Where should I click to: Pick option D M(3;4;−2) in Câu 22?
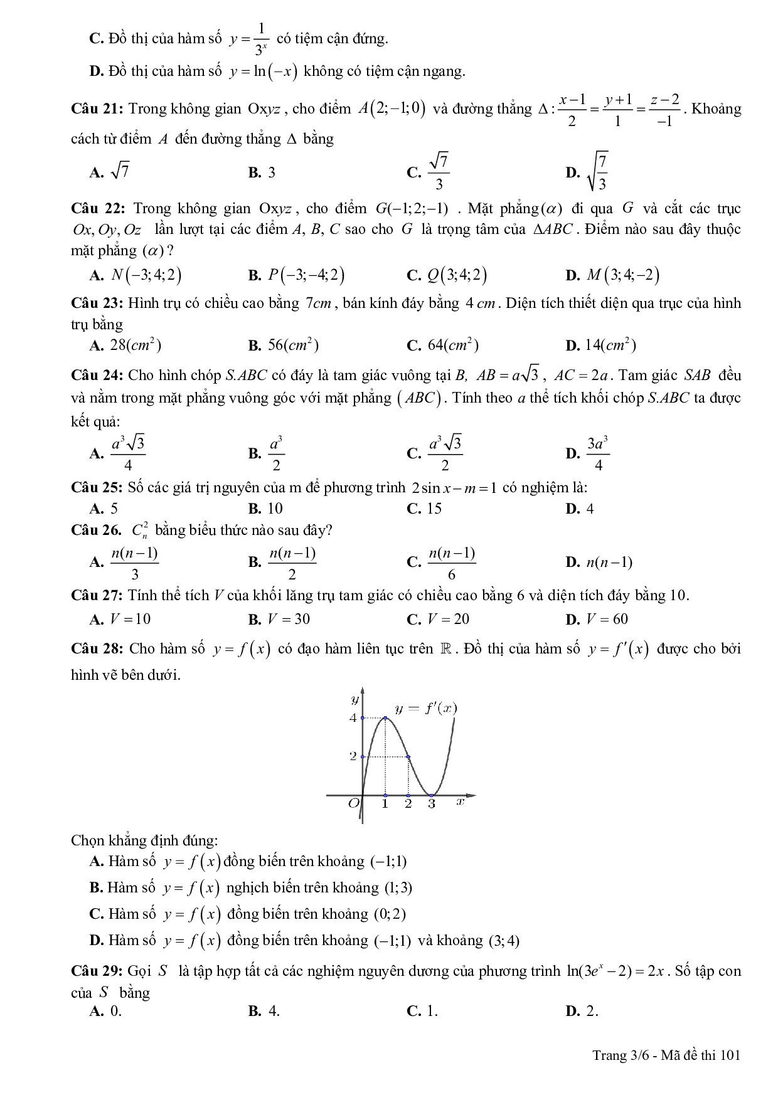pos(612,275)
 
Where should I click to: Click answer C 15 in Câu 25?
pos(424,508)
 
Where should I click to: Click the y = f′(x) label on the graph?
pos(426,709)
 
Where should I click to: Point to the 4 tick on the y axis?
pos(353,717)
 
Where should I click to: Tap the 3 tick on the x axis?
pos(432,803)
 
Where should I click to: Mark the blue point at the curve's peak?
pos(385,717)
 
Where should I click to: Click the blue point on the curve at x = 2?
pos(408,757)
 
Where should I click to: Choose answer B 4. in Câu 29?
pos(264,1010)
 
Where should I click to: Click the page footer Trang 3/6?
pos(618,1055)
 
